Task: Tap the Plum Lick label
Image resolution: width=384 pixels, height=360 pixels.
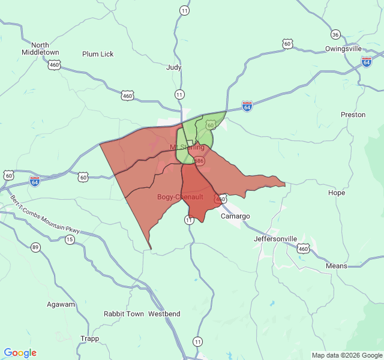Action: (x=98, y=54)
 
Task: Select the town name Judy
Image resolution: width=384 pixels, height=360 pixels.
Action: (x=174, y=68)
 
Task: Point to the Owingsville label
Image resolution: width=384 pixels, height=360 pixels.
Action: (x=343, y=49)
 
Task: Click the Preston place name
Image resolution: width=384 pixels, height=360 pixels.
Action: (x=353, y=115)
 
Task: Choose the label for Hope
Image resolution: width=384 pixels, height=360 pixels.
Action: (x=337, y=193)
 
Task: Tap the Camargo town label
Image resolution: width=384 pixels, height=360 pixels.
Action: (x=235, y=216)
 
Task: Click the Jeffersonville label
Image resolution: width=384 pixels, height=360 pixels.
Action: (x=275, y=239)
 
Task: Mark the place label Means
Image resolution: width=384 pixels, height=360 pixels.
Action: (x=336, y=266)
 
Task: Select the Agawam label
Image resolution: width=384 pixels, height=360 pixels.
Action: (x=62, y=304)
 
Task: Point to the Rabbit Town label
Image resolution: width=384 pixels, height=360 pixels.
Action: (x=124, y=314)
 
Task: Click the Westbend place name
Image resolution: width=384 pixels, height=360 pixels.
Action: (x=164, y=314)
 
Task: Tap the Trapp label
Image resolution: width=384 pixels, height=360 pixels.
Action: (x=89, y=338)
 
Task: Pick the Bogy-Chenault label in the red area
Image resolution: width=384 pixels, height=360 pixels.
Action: (x=180, y=197)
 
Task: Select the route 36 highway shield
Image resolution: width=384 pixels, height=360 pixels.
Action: (x=335, y=34)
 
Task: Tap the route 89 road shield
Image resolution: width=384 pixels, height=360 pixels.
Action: (x=36, y=247)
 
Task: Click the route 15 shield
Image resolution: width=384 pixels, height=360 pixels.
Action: (x=70, y=240)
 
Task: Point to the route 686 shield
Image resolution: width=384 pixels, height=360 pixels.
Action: (x=199, y=161)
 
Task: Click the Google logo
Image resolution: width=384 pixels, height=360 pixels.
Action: (x=20, y=353)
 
